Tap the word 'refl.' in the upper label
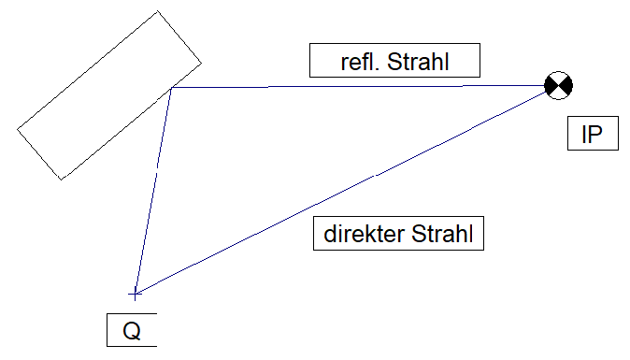[360, 62]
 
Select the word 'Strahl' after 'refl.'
[418, 62]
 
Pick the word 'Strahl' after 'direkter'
[442, 234]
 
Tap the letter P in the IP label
[595, 135]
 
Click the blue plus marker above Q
[135, 295]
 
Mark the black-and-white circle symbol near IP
[558, 86]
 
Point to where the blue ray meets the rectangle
[172, 88]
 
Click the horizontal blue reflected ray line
[358, 86]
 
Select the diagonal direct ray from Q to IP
[341, 192]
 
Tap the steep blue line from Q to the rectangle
[153, 191]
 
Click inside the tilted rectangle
[108, 95]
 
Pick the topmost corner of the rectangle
[157, 11]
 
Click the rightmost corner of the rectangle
[201, 63]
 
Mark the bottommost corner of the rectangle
[61, 180]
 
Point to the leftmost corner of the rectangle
[17, 129]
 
